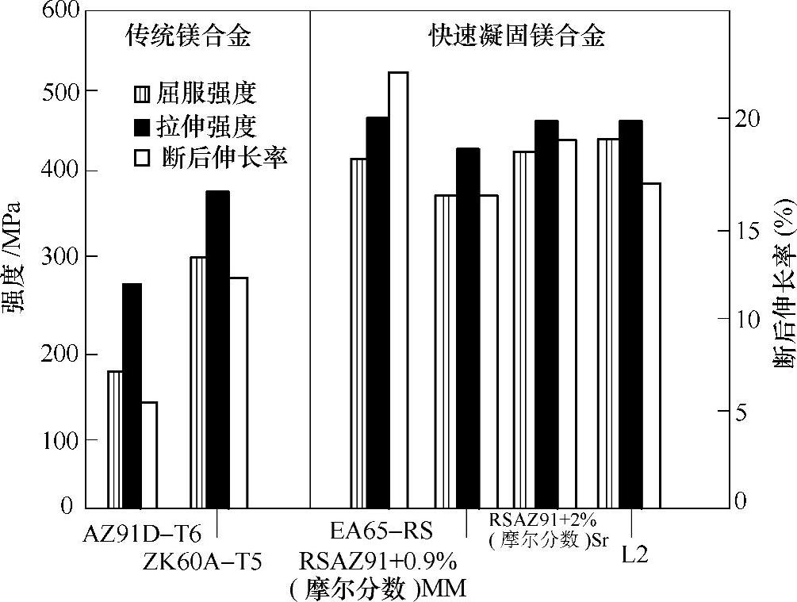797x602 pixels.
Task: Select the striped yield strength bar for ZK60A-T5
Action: pos(198,382)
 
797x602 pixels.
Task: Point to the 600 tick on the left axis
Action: pos(58,12)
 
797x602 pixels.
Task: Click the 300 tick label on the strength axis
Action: pos(58,257)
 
